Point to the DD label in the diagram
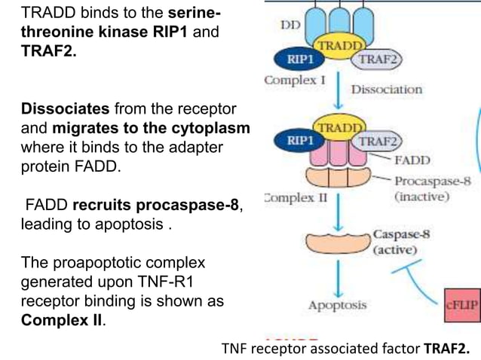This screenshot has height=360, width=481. [x=291, y=24]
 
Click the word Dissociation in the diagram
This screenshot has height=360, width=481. [x=387, y=90]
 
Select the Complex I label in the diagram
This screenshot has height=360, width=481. [x=292, y=80]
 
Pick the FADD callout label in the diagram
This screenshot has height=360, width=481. [x=412, y=160]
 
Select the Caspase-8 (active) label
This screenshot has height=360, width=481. [x=401, y=240]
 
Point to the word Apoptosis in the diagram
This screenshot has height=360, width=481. [x=337, y=305]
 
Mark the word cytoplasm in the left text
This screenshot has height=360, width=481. [x=216, y=128]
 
